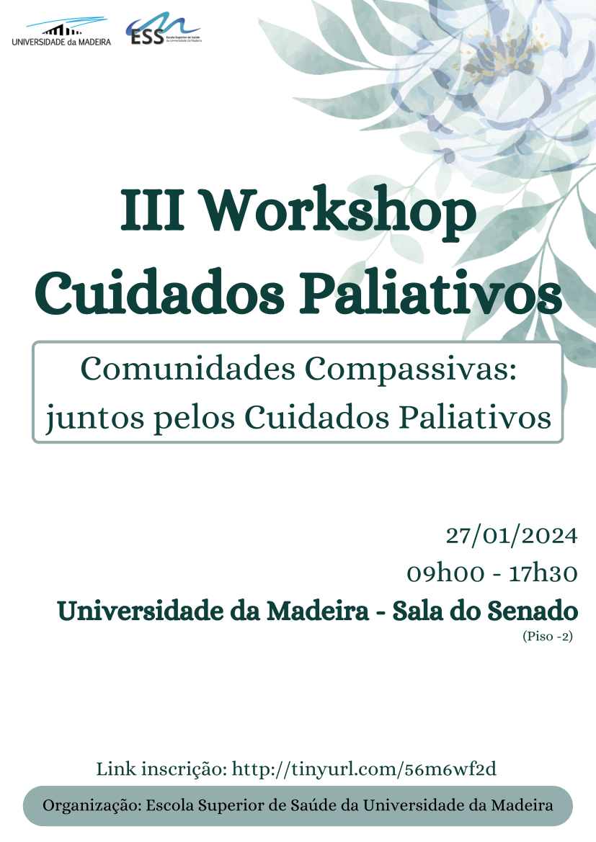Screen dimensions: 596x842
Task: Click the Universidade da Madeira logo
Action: pos(61,32)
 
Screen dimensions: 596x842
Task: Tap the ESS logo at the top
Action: pos(164,29)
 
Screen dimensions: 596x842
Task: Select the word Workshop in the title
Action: pos(339,212)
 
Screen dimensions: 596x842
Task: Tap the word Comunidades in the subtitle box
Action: pos(188,369)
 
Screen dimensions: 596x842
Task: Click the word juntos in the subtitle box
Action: pos(95,418)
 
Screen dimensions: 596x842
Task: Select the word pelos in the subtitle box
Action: pos(195,418)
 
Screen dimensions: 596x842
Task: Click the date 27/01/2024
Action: pos(512,536)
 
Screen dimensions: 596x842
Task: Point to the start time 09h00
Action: pos(445,573)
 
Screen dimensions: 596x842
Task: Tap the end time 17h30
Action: pos(543,573)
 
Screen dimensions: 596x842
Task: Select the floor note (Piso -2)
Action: pos(548,636)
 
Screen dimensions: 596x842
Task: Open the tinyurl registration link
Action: pos(364,769)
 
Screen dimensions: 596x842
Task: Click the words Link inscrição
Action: pos(161,769)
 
